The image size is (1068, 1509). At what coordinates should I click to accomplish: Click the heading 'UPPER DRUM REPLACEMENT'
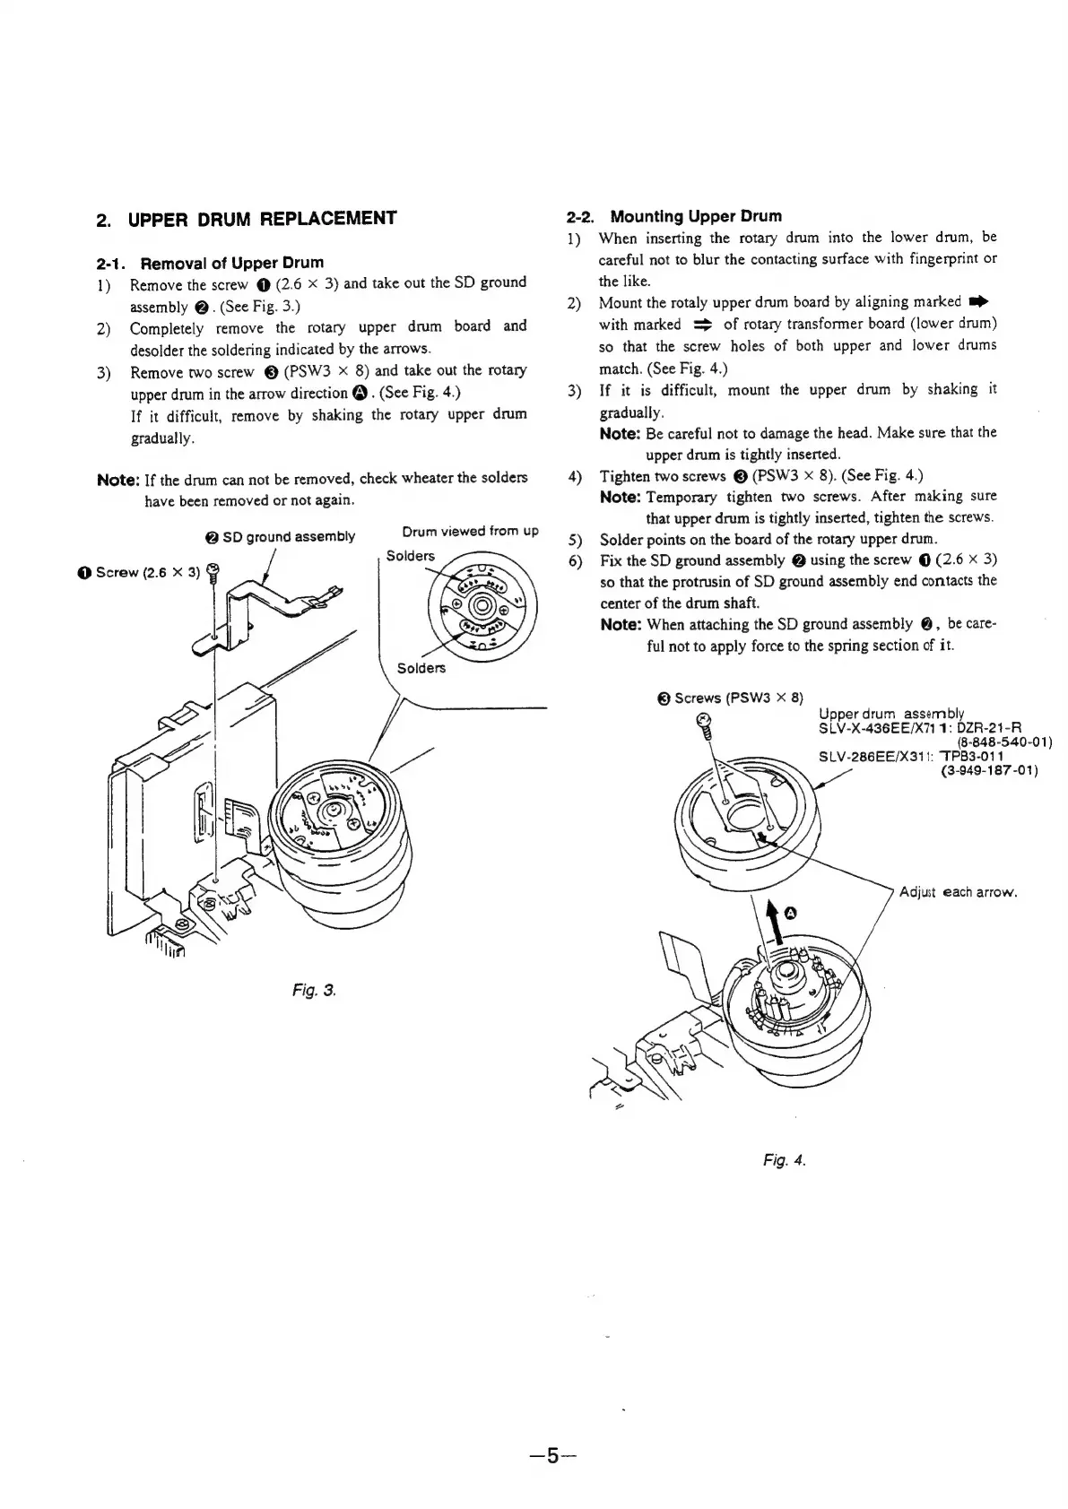coord(262,219)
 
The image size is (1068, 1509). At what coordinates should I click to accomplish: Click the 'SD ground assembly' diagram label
coord(287,537)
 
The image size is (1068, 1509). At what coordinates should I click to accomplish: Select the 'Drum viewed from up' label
coord(470,531)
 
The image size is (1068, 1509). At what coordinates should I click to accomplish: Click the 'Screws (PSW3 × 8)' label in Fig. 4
coord(737,698)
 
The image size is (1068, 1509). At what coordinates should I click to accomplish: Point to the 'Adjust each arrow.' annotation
coord(957,892)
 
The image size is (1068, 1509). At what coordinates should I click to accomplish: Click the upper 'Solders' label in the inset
coord(410,556)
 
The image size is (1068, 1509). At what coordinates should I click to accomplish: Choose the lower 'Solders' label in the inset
coord(421,668)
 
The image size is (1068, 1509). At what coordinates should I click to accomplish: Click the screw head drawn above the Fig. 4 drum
coord(705,720)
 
